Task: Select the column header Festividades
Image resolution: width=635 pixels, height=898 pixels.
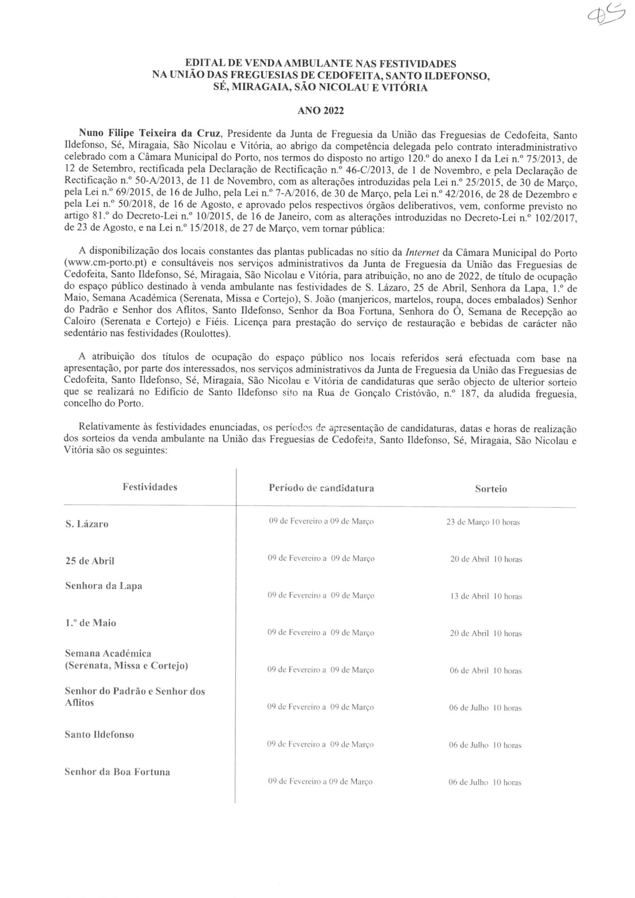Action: [150, 487]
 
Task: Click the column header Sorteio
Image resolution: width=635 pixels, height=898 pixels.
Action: [491, 489]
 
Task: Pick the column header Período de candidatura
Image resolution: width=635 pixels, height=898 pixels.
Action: [322, 488]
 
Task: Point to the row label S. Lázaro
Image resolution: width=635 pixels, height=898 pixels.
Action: [87, 524]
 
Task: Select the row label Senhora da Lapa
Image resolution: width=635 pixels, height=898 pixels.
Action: [104, 586]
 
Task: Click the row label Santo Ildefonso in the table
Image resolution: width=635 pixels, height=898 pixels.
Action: [100, 734]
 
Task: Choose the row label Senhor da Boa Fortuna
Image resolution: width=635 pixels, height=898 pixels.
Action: [118, 772]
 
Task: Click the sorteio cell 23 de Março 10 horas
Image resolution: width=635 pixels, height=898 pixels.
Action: [483, 522]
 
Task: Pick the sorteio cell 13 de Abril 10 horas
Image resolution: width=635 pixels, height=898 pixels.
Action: [486, 596]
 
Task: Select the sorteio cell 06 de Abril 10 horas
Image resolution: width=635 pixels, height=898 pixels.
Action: [486, 671]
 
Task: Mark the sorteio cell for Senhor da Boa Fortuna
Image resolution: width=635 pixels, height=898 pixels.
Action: [486, 782]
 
